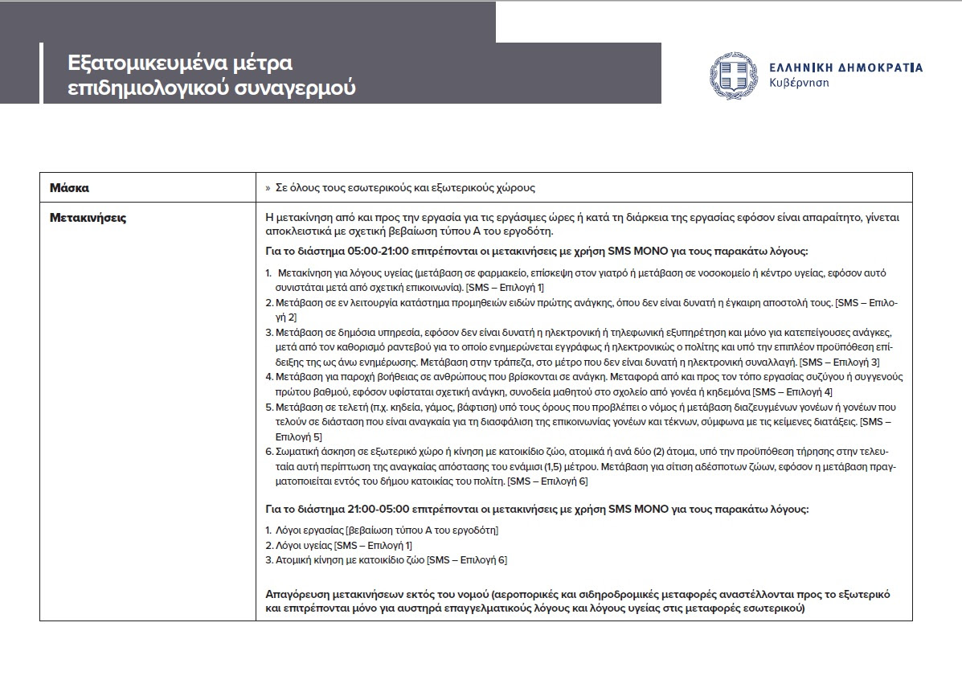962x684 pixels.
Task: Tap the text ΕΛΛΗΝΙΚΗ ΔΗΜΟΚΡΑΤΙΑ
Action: coord(845,68)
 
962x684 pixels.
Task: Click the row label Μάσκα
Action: coord(69,188)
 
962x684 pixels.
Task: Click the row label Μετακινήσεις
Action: coord(88,217)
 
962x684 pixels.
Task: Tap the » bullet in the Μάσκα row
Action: coord(268,188)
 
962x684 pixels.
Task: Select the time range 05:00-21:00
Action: coord(362,251)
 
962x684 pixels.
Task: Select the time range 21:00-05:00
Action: coord(362,510)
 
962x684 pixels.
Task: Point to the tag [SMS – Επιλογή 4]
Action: coord(792,391)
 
